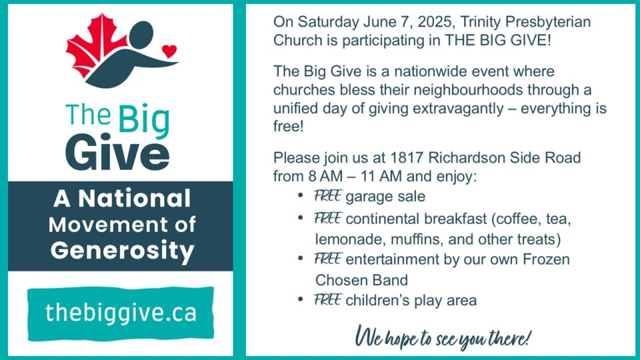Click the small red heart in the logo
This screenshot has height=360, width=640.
pos(169,51)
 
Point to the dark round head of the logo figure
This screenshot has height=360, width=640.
pos(141,35)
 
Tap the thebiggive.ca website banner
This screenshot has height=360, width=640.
pos(121,313)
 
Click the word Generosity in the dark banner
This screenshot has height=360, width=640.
pos(123,251)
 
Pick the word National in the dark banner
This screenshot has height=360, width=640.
pos(134,199)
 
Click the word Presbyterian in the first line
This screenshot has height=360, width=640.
pos(548,22)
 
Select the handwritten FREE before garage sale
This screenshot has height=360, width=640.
pos(327,196)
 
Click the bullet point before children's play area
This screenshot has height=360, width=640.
pos(301,299)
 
